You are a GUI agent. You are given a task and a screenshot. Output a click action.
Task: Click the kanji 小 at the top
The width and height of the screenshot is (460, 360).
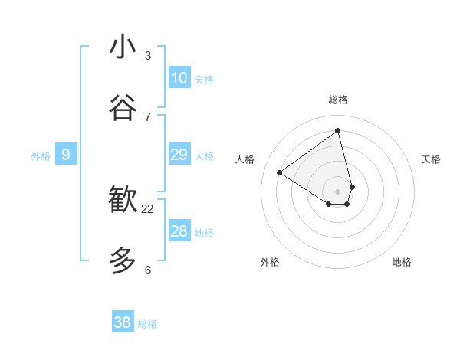coord(123,47)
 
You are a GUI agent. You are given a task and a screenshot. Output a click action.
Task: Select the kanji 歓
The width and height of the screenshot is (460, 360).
coord(123,200)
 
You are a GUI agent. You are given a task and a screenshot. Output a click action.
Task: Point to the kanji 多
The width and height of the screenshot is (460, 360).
coord(123,260)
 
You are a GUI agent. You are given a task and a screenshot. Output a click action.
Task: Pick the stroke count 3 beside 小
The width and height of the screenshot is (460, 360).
coord(148,56)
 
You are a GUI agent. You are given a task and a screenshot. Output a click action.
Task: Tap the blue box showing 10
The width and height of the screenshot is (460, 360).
coord(179,78)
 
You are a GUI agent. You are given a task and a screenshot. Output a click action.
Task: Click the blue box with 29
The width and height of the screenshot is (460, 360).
coord(179,155)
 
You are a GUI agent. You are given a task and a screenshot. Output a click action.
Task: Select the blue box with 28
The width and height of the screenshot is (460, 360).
coord(179,231)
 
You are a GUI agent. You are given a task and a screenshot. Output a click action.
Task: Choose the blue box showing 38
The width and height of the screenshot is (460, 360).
coord(123,322)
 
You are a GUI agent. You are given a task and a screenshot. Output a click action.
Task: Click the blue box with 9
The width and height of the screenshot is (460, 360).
coord(66,155)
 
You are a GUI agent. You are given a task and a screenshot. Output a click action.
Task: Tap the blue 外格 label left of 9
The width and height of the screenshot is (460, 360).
coord(41,156)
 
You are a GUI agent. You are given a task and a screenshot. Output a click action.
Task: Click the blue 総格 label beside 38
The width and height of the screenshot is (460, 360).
coord(147,324)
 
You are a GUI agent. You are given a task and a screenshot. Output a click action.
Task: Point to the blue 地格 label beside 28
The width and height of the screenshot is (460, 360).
coord(204,233)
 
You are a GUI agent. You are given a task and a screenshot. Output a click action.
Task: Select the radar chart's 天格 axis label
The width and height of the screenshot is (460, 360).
coord(431,159)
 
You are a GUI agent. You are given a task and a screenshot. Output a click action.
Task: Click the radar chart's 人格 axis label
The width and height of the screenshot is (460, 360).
coord(245,159)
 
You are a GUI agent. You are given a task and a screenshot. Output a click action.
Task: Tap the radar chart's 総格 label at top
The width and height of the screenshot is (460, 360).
coord(338,100)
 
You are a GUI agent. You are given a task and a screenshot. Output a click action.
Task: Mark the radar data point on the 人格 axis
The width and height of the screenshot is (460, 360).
coord(280,173)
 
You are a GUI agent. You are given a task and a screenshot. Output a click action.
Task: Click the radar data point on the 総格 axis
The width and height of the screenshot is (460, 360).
coord(338,131)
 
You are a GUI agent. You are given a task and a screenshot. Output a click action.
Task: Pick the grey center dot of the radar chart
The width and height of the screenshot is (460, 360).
coord(338,191)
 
